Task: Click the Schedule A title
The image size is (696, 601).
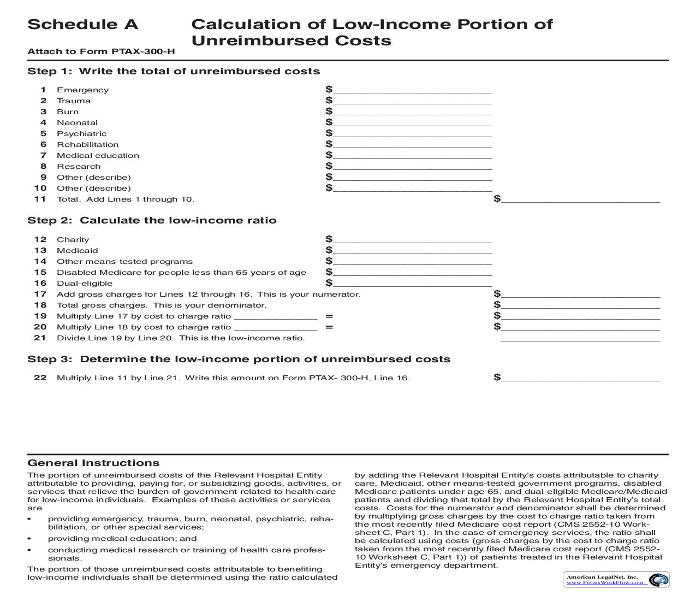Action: (82, 25)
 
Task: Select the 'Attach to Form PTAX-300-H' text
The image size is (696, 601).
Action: (101, 52)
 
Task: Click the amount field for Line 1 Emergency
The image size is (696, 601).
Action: (412, 90)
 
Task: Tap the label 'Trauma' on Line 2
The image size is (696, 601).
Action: (74, 101)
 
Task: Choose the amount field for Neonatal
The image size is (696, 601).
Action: (412, 122)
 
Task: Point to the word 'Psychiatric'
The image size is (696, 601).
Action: (81, 134)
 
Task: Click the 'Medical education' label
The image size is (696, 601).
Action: (98, 156)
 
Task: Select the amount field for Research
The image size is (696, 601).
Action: (412, 166)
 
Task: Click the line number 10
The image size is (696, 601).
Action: (40, 188)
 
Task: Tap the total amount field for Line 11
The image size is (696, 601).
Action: (580, 199)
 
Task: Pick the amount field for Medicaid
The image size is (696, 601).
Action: (412, 250)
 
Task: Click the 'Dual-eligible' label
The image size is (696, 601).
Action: (85, 284)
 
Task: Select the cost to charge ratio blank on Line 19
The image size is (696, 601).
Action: (276, 316)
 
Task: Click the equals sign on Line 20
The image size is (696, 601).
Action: (329, 327)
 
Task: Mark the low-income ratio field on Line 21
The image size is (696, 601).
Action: (580, 338)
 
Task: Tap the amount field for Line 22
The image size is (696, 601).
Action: (580, 378)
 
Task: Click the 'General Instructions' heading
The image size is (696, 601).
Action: (93, 463)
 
